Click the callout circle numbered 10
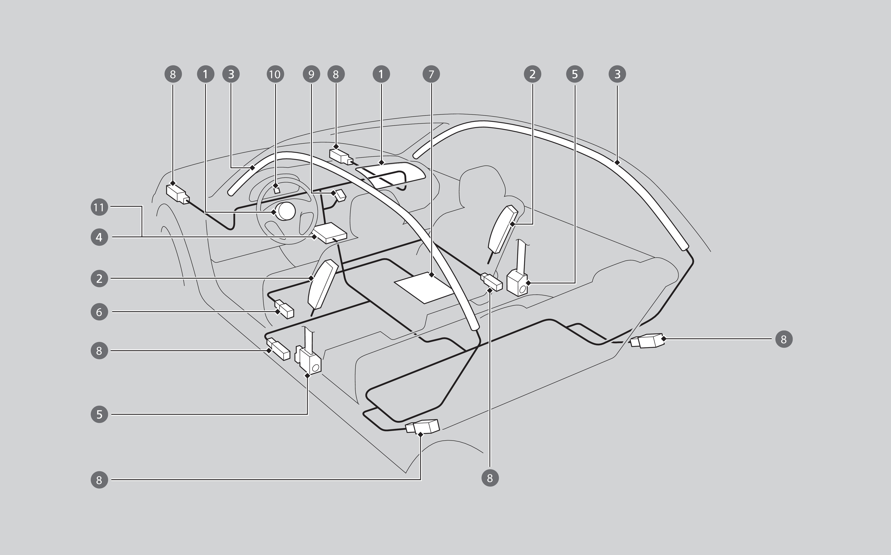pos(275,74)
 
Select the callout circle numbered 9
pos(311,74)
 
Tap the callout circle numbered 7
pos(431,74)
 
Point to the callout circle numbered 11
pos(99,207)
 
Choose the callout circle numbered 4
pos(99,237)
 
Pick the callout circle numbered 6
pos(99,312)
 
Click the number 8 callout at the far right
pos(784,339)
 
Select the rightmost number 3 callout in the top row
pos(617,74)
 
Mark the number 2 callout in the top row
pos(532,74)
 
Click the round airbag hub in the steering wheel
pos(285,211)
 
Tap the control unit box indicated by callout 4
pos(330,233)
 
